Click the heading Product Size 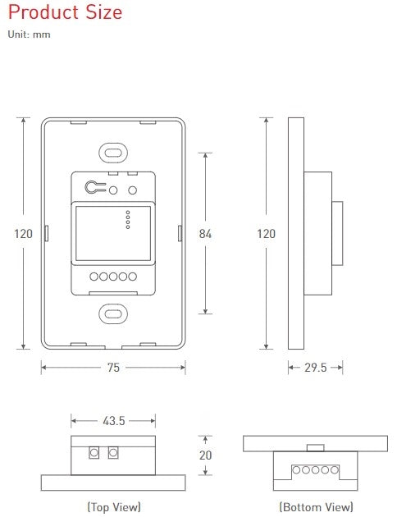point(65,13)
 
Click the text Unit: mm point(29,35)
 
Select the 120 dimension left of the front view point(24,234)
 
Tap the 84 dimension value point(205,234)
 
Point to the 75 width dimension point(113,368)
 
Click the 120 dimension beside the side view point(266,234)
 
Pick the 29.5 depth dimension point(316,368)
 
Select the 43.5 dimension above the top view point(113,421)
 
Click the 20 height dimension point(205,455)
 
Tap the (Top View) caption point(113,507)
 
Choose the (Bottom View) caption point(316,507)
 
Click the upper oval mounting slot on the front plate point(113,153)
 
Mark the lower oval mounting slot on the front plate point(113,313)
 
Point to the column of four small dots point(126,220)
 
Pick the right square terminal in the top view point(112,452)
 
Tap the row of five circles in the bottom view point(316,470)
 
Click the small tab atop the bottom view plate point(316,447)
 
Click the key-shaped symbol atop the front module point(95,188)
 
